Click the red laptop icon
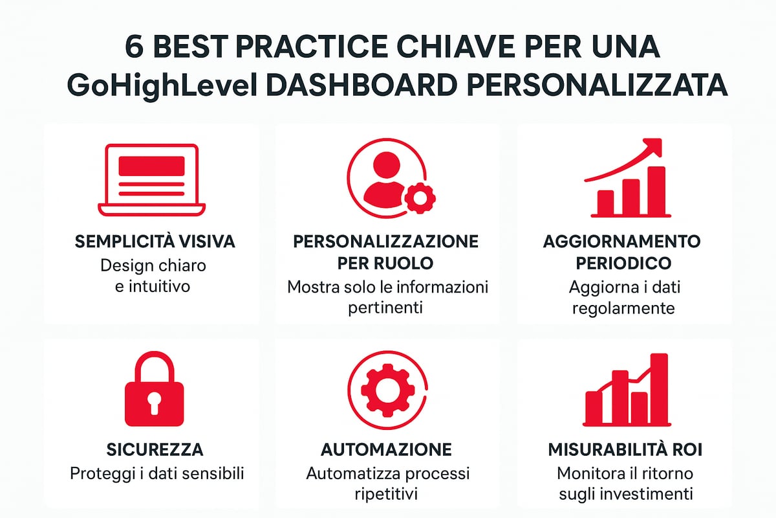151,179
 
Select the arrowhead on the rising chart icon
654,148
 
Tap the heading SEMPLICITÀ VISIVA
155,242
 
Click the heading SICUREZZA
155,449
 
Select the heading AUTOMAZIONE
387,449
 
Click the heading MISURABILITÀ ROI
625,449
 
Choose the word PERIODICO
625,263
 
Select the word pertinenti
385,307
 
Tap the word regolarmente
625,307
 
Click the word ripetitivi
387,494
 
